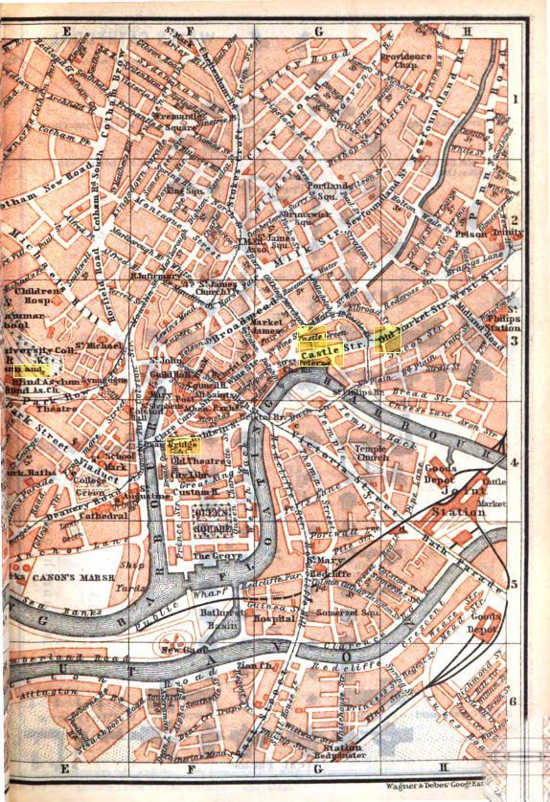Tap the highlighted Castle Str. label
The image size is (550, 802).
327,354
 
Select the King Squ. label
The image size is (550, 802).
177,189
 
